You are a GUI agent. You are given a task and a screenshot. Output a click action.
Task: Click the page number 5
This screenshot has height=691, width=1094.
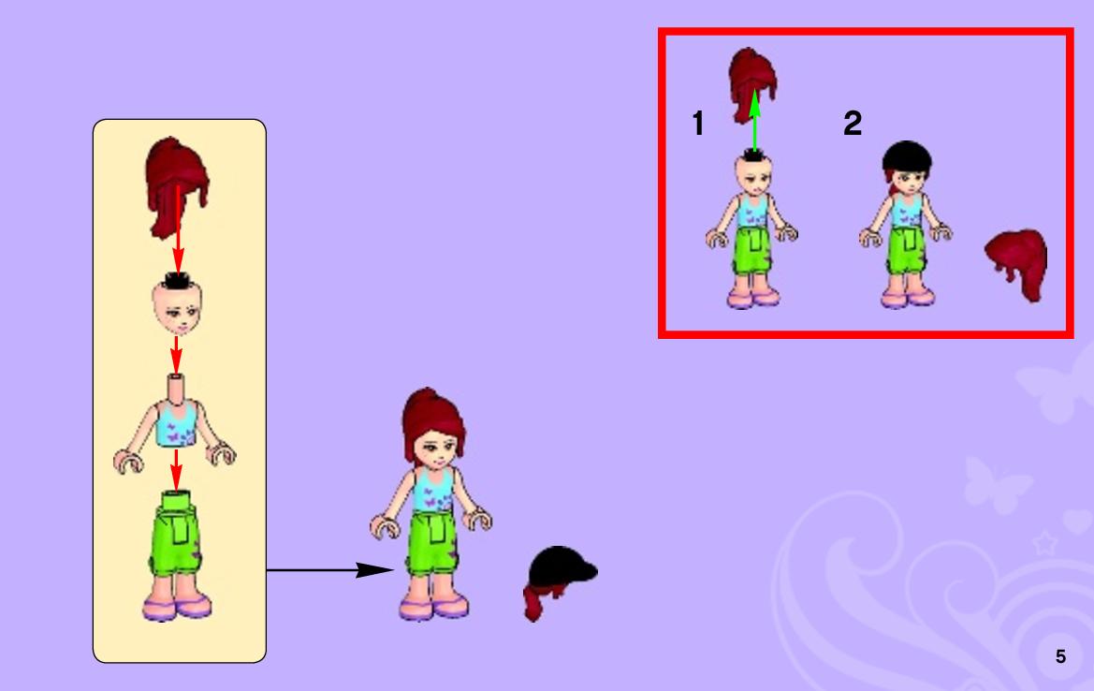(1060, 656)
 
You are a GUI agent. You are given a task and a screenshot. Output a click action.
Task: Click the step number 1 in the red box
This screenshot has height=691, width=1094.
(698, 123)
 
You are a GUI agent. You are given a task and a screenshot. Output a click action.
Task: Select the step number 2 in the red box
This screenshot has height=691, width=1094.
(853, 123)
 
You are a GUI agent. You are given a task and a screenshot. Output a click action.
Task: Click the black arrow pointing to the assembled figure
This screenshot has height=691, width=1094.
(330, 570)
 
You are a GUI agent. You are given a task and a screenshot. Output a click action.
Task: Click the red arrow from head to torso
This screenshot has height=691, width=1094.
(177, 356)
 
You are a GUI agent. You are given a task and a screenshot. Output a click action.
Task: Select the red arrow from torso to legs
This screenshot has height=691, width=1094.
(176, 470)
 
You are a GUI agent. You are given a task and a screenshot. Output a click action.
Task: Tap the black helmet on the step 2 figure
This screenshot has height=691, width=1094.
(907, 157)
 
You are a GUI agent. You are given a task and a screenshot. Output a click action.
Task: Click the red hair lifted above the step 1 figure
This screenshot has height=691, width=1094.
(752, 83)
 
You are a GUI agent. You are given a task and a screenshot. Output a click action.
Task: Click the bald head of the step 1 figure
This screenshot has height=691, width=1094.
(753, 174)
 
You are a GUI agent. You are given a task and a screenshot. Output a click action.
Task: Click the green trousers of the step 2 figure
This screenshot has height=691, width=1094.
(906, 251)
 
